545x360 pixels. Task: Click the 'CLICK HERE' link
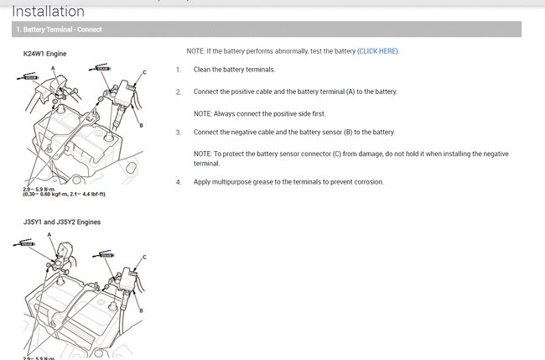pos(377,51)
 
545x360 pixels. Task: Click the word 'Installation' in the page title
pos(49,12)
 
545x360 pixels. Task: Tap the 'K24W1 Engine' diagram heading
pos(45,54)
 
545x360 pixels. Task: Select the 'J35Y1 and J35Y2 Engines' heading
pos(62,222)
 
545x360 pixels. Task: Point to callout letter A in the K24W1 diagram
pos(53,66)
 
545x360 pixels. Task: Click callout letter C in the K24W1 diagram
pos(144,73)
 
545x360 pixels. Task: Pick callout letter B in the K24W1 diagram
pos(141,125)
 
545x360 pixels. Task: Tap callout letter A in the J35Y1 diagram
pos(49,235)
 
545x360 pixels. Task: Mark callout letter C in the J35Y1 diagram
pos(144,257)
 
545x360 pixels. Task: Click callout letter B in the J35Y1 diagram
pos(141,310)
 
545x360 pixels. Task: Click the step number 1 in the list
pos(179,70)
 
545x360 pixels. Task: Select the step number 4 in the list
pos(179,182)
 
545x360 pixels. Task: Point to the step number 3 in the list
pos(179,133)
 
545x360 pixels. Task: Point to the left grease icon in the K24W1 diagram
pos(31,77)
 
